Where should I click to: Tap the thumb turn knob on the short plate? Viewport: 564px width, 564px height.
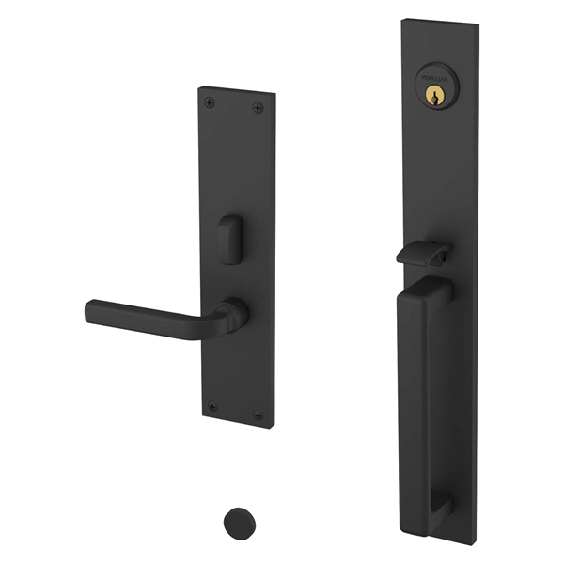228,241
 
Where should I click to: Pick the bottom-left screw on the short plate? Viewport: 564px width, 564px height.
212,407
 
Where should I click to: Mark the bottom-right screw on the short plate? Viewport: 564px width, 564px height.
258,415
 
